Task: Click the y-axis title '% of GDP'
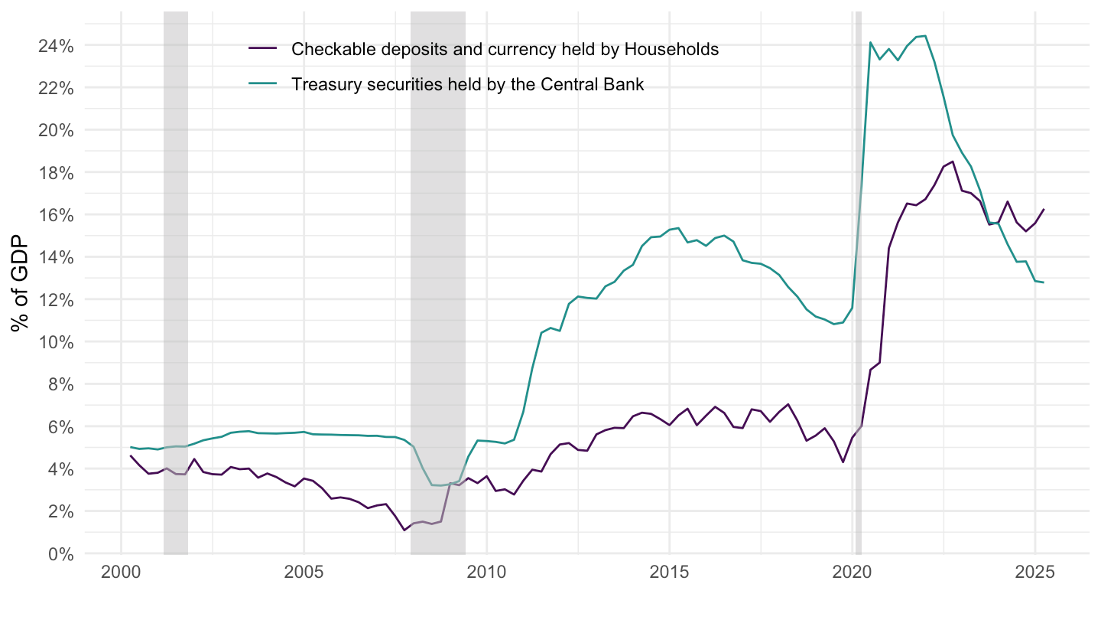tap(21, 283)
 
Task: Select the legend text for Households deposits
tap(505, 49)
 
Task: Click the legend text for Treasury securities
tap(467, 84)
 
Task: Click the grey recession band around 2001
tap(176, 306)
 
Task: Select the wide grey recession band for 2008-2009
tap(438, 306)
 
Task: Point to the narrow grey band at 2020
tap(859, 306)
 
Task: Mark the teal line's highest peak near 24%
tap(925, 36)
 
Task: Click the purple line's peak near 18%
tap(952, 162)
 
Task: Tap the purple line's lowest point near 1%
tap(404, 530)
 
